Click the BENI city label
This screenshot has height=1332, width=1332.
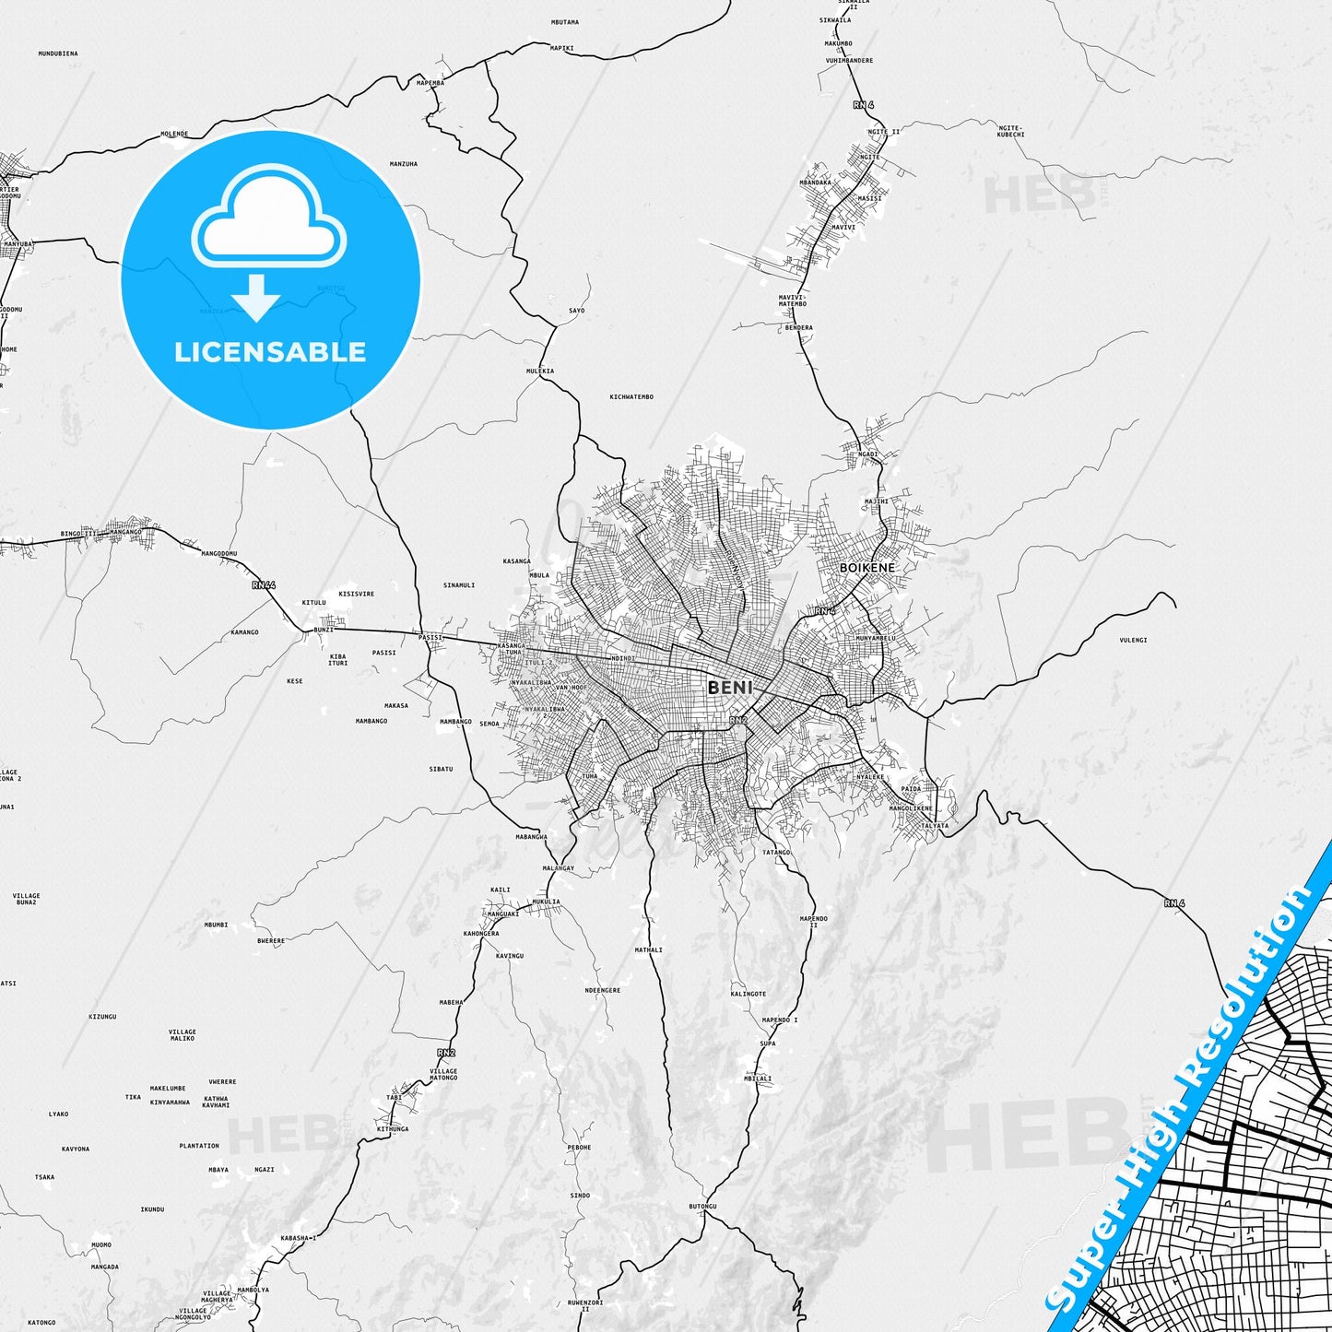point(730,688)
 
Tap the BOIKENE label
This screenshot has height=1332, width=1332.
point(866,568)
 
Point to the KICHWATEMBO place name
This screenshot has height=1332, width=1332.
point(631,397)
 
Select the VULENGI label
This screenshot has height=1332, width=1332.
point(1133,640)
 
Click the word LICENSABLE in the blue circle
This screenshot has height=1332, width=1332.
point(270,351)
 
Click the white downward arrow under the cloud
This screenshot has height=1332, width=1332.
point(256,298)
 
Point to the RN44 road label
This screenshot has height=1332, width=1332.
point(264,585)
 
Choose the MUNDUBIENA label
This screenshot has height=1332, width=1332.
point(58,53)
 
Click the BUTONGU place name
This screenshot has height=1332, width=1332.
point(702,1207)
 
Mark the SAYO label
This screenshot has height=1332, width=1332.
point(577,311)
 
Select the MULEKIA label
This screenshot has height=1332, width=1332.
point(540,371)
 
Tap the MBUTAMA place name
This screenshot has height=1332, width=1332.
point(564,22)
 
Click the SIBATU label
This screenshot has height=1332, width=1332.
point(441,769)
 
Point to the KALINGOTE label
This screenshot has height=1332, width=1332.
point(749,994)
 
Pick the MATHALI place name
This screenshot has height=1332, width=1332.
point(649,949)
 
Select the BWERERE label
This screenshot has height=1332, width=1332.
point(271,941)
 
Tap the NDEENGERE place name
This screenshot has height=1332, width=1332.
point(603,991)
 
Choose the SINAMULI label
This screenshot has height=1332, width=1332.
point(459,585)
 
